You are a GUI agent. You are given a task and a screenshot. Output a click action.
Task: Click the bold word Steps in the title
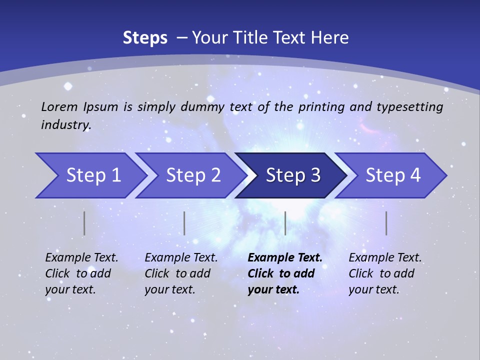point(145,38)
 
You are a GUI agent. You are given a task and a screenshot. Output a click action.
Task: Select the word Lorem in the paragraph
point(59,106)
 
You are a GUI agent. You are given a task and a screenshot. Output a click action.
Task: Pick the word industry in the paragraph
point(66,125)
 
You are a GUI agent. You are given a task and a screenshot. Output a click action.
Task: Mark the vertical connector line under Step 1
point(84,223)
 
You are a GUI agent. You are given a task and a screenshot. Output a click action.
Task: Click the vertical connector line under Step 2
point(184,223)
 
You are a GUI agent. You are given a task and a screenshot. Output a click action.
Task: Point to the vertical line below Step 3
point(285,223)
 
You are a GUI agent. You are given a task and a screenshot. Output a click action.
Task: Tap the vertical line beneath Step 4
point(386,223)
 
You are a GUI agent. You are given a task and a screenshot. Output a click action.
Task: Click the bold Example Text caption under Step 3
point(285,273)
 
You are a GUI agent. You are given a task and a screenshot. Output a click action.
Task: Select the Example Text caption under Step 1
point(81,273)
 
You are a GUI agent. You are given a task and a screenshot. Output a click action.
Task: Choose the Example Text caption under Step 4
point(385,273)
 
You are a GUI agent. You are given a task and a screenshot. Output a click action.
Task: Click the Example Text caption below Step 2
point(181,273)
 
